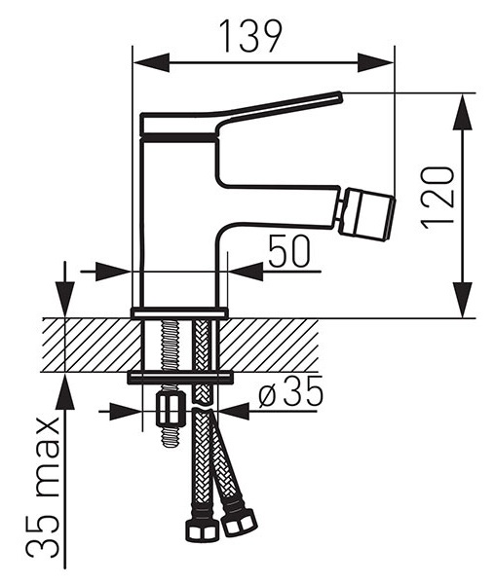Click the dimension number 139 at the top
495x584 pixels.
pos(251,36)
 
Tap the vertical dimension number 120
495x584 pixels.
pos(438,197)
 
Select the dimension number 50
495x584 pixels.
pos(289,251)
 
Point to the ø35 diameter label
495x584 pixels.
pos(290,391)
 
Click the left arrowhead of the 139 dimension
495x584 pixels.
pos(151,62)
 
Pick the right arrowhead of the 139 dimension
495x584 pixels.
pos(375,62)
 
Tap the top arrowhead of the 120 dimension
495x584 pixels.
pos(463,112)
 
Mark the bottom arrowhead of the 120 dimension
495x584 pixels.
pos(463,300)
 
